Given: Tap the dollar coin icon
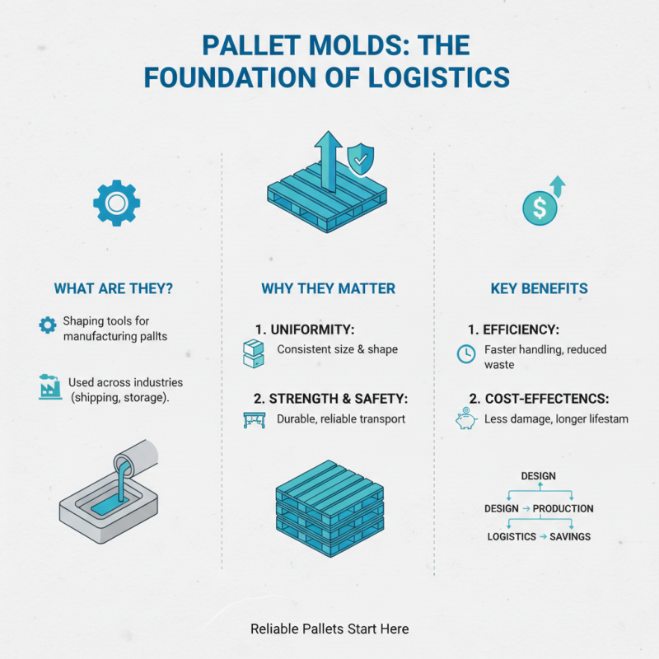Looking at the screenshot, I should [x=540, y=208].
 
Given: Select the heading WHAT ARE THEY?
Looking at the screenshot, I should [x=114, y=289].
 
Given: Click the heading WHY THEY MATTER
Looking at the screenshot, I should [x=328, y=289].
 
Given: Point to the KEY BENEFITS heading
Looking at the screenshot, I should [x=539, y=289].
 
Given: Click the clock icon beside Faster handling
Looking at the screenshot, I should [x=465, y=354].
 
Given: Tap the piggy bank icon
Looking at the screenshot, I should [x=466, y=418].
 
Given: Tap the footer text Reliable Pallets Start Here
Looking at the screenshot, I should [x=329, y=629].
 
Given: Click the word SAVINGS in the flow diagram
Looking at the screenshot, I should [x=570, y=536].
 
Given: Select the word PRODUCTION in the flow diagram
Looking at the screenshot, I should [x=563, y=508].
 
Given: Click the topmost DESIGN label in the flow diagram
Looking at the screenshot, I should [x=539, y=476].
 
